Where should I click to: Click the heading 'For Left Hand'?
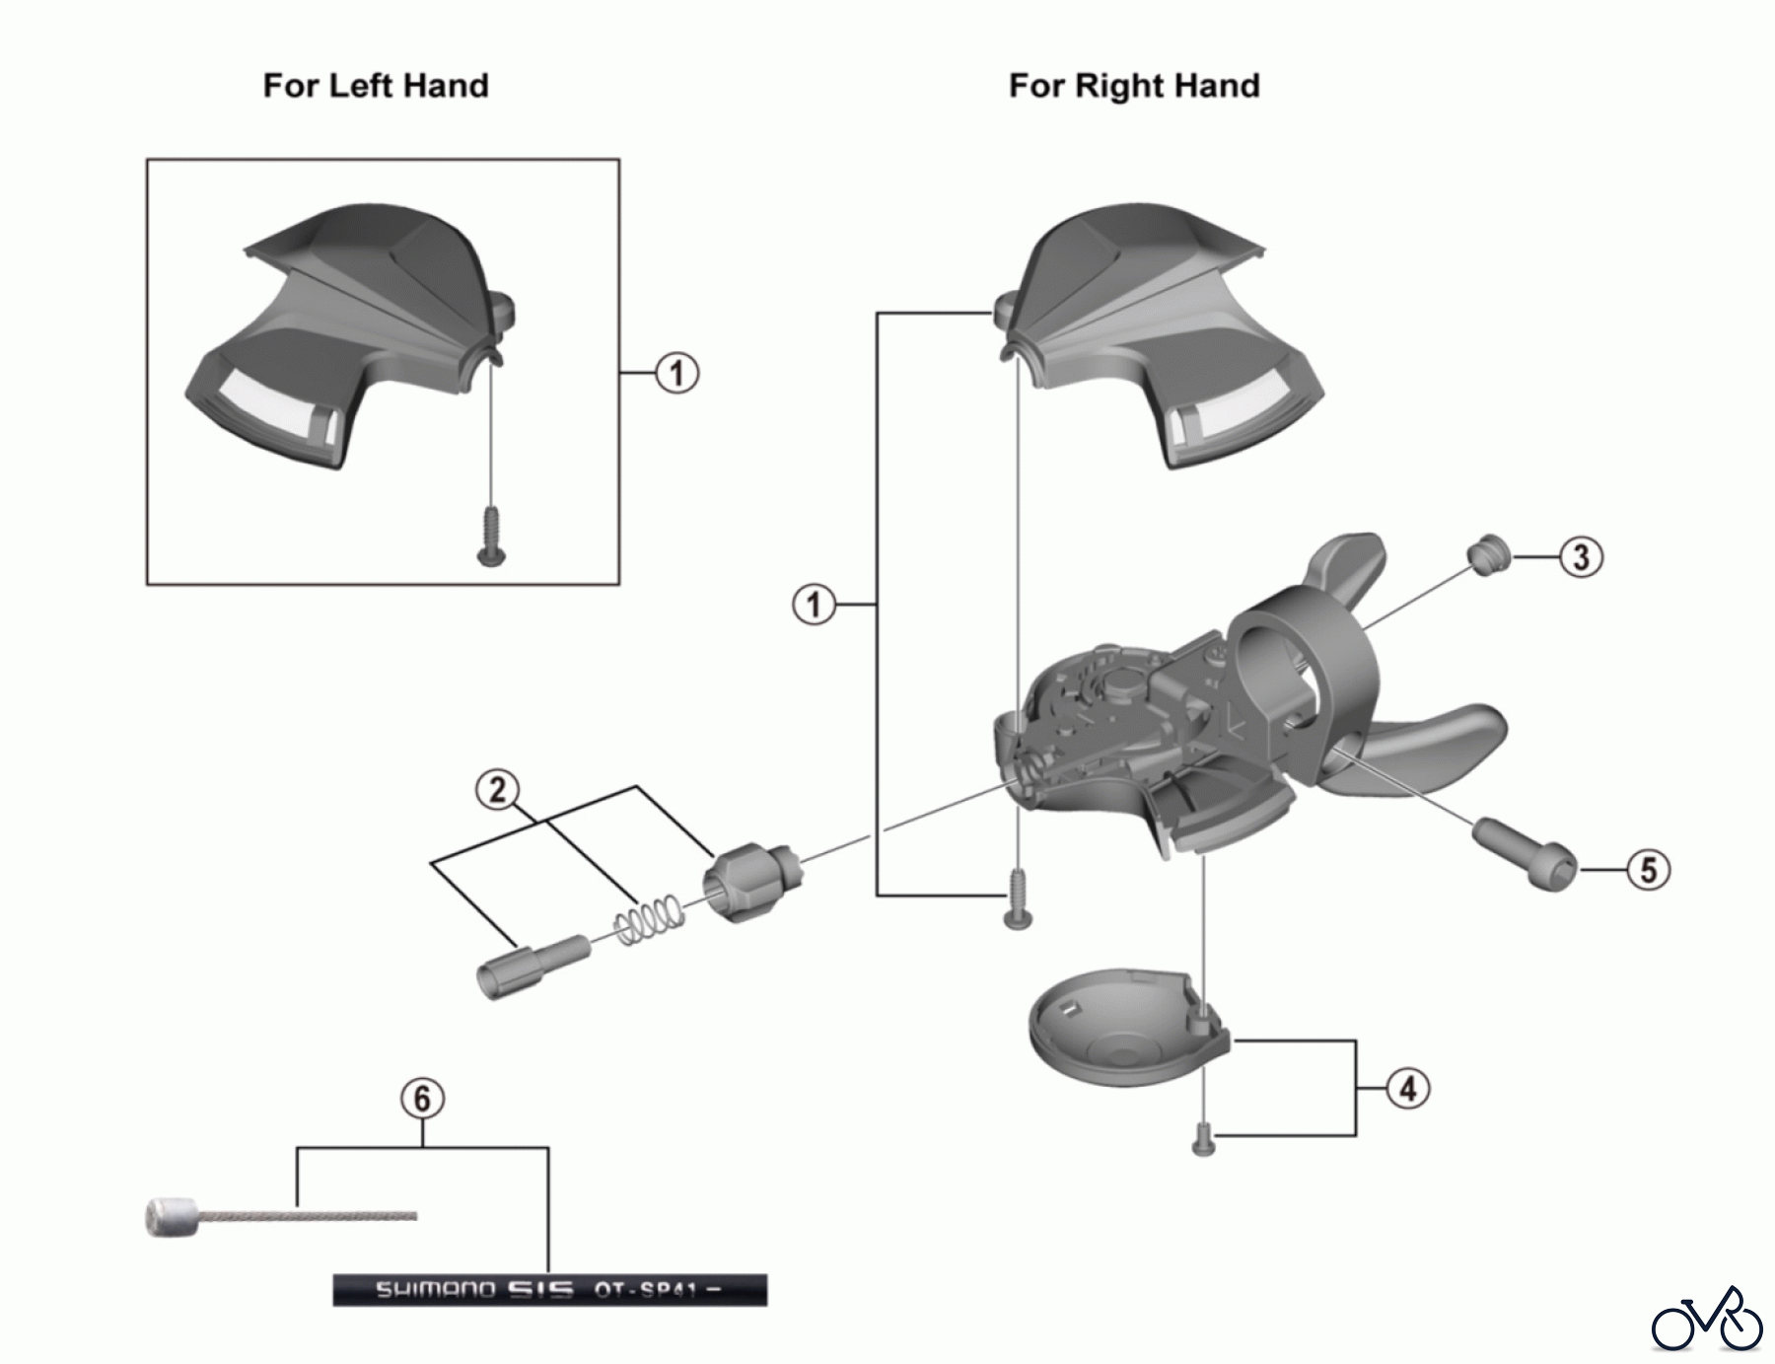pyautogui.click(x=376, y=86)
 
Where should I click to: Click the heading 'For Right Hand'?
pyautogui.click(x=1134, y=86)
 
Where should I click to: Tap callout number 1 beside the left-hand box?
pyautogui.click(x=677, y=374)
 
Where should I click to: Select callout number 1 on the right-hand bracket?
pyautogui.click(x=815, y=605)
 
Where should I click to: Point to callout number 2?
pyautogui.click(x=497, y=789)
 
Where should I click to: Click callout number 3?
pyautogui.click(x=1582, y=557)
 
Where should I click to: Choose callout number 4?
pyautogui.click(x=1408, y=1089)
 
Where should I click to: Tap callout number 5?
pyautogui.click(x=1649, y=870)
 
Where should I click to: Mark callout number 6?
pyautogui.click(x=422, y=1098)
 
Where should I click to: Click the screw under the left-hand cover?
pyautogui.click(x=491, y=538)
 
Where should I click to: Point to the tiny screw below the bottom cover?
pyautogui.click(x=1203, y=1141)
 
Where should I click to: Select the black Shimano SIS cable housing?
pyautogui.click(x=549, y=1289)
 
